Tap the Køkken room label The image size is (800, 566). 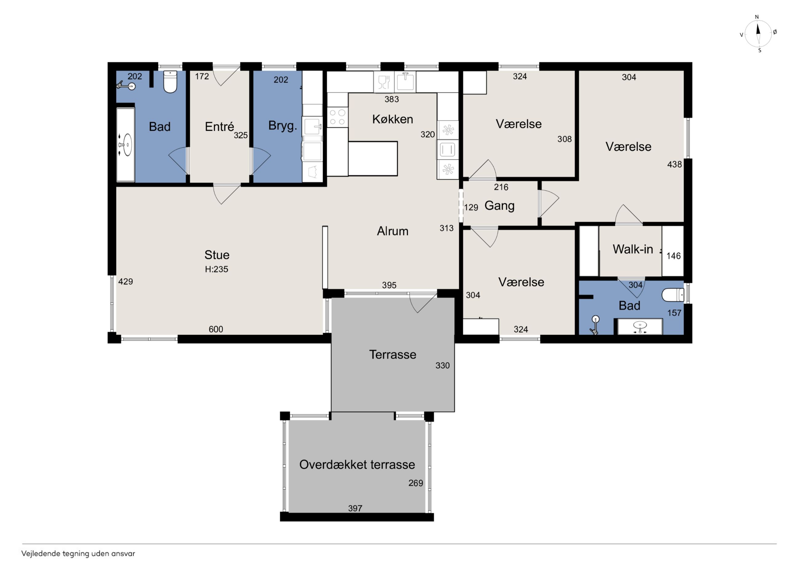(392, 119)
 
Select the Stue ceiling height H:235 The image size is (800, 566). (216, 269)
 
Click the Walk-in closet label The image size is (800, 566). (633, 249)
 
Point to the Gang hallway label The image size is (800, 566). (499, 206)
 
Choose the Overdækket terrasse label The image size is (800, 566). (357, 464)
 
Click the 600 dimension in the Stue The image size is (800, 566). (216, 329)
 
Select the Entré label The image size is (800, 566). (219, 126)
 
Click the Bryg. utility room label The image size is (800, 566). (282, 126)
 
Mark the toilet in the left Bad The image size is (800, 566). (170, 82)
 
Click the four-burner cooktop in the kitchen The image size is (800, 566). (337, 117)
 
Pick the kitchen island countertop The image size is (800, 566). (373, 158)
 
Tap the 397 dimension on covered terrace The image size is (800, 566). (355, 508)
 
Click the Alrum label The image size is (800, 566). (392, 231)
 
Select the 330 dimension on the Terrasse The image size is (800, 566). (442, 366)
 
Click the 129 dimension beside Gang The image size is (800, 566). (471, 208)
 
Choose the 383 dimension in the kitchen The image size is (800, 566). (392, 99)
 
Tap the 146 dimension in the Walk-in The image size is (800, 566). (674, 256)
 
